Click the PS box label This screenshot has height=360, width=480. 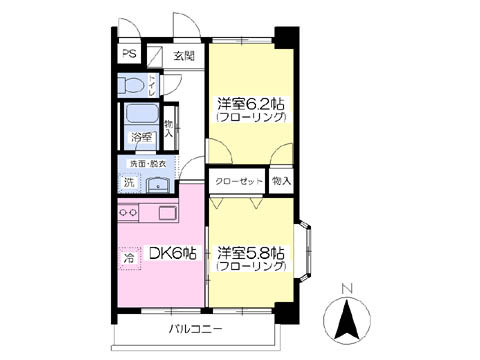pos(129,55)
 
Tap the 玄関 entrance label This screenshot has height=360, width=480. pos(184,55)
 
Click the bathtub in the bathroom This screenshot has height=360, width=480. pos(139,114)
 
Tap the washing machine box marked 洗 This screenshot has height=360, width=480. pos(128,183)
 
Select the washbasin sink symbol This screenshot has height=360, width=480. pos(158,184)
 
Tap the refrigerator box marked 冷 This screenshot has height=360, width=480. pos(129,259)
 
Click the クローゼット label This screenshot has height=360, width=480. pos(237,182)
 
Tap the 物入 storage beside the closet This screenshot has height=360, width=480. pos(283,182)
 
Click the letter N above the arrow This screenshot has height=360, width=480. pos(347,291)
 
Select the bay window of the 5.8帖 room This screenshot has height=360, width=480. pos(306,251)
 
